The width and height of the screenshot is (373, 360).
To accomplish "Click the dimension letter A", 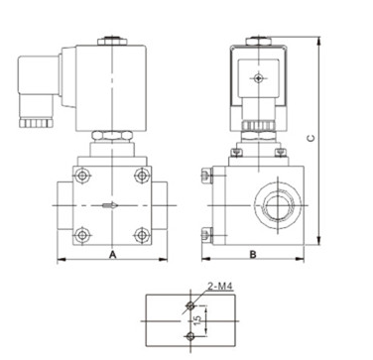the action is pyautogui.click(x=113, y=255).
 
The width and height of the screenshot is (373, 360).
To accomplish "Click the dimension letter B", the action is pyautogui.click(x=253, y=255).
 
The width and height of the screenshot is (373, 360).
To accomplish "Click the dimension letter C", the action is pyautogui.click(x=311, y=138).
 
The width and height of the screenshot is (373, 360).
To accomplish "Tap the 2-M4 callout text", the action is pyautogui.click(x=220, y=287).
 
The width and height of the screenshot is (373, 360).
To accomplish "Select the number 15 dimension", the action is pyautogui.click(x=197, y=319).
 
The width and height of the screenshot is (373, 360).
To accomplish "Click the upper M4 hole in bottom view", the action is pyautogui.click(x=190, y=305).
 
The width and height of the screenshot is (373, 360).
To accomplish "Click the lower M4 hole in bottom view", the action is pyautogui.click(x=190, y=336).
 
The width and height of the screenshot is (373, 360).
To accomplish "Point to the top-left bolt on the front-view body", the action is pyautogui.click(x=82, y=176).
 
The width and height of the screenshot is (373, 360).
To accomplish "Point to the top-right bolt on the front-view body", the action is pyautogui.click(x=142, y=176).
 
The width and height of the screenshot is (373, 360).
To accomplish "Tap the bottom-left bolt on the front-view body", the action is pyautogui.click(x=82, y=235).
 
